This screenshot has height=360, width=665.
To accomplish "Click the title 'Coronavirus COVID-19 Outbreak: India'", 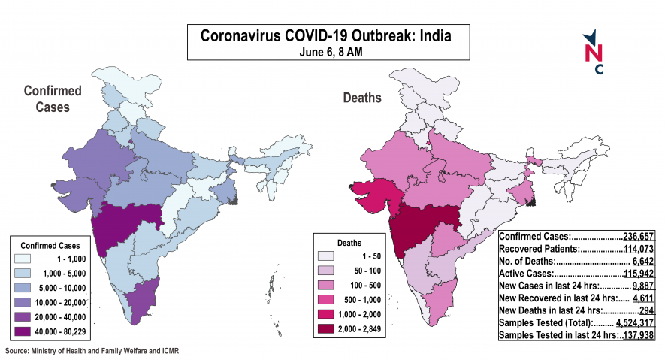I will pos(325,35).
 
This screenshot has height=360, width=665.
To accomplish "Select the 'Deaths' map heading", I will pos(362,98).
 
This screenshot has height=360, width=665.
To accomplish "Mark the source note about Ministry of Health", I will pos(92,351).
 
